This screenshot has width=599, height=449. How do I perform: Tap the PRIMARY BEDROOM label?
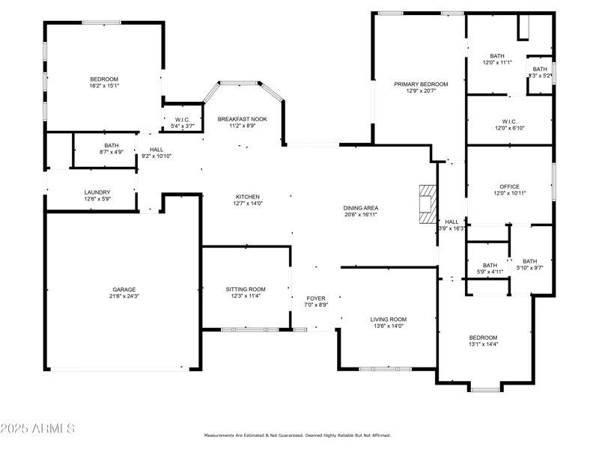click(421, 85)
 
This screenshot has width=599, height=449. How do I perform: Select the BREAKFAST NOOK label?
click(242, 119)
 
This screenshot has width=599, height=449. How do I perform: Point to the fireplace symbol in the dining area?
click(427, 204)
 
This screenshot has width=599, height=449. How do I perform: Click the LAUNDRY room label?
click(97, 192)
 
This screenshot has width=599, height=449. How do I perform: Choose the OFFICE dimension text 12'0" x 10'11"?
click(509, 193)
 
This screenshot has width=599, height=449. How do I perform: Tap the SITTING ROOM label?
click(246, 289)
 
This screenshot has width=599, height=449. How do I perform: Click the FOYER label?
click(316, 299)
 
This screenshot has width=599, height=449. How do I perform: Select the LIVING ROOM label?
click(388, 320)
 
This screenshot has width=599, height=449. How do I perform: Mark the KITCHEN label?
click(248, 196)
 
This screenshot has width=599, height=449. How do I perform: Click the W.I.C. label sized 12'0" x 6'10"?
click(509, 121)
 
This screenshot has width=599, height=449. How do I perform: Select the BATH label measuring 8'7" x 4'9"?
click(112, 146)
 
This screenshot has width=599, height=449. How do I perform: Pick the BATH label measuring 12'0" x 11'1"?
click(497, 56)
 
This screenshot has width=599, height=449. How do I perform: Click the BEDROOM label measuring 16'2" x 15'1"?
click(104, 79)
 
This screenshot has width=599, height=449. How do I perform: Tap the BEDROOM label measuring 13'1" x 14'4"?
click(483, 337)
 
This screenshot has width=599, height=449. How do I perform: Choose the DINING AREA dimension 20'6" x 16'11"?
click(360, 215)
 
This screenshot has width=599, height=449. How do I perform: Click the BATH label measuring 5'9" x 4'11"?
click(490, 266)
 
